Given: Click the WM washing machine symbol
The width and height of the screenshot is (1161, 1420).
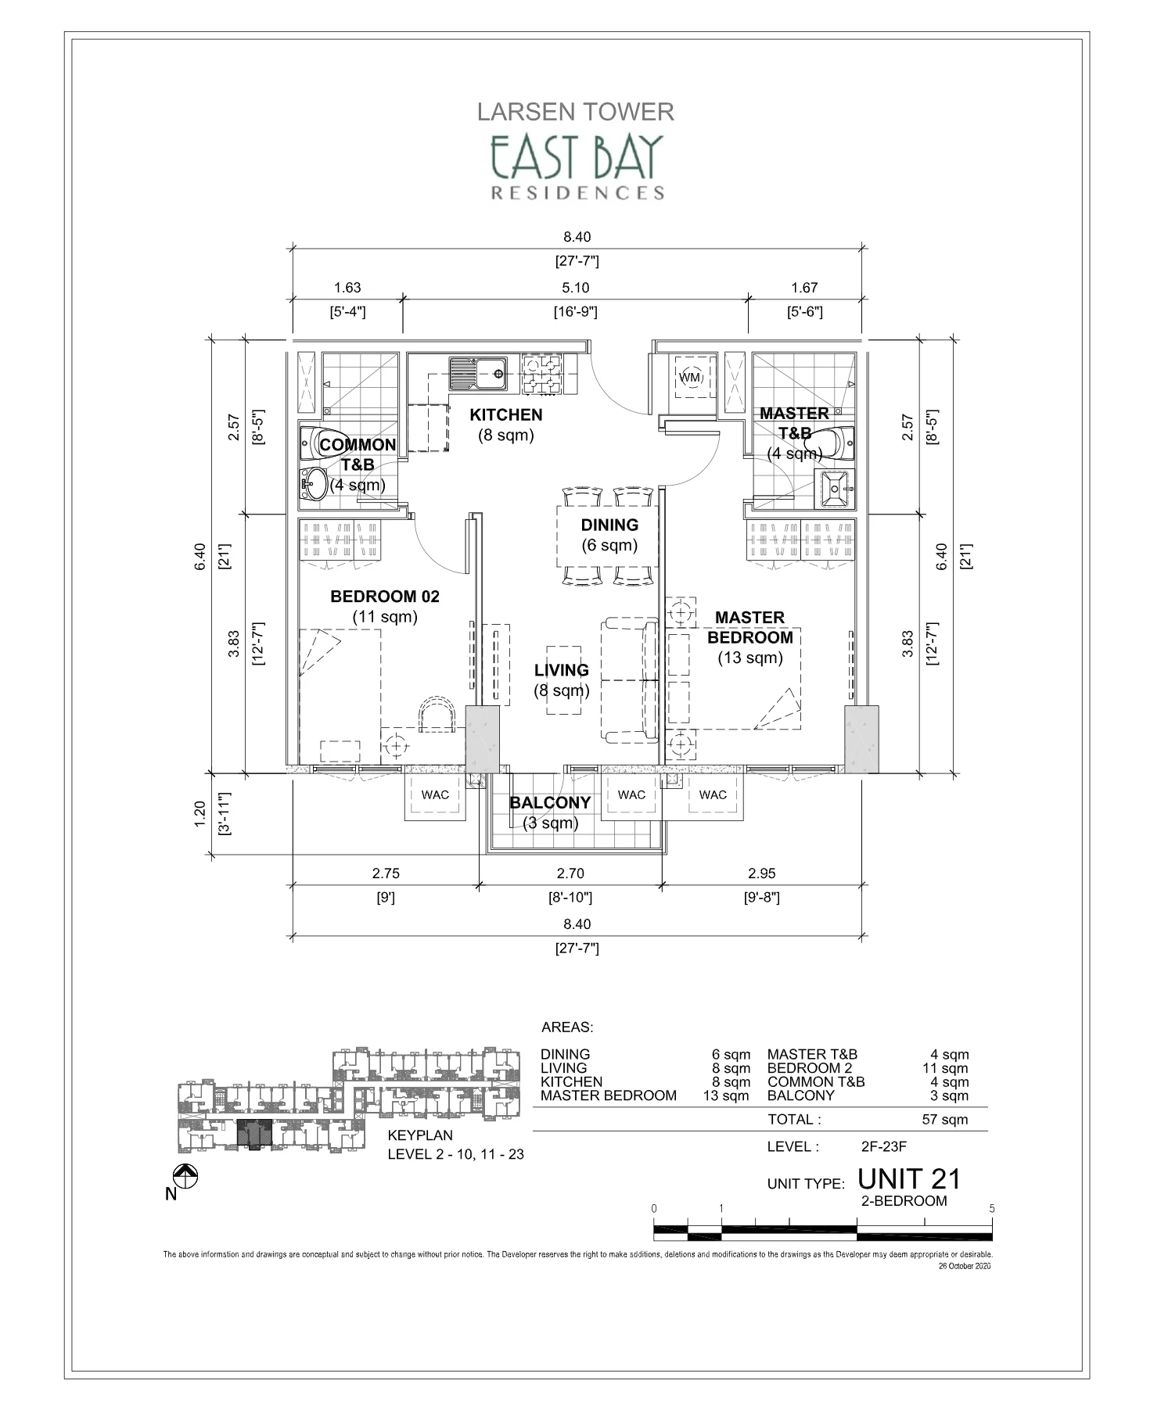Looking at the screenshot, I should tap(689, 378).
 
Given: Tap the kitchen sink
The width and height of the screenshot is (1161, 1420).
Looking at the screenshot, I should tap(476, 374).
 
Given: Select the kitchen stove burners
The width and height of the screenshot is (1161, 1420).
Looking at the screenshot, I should tap(541, 374).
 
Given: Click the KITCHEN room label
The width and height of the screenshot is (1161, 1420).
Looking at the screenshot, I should tap(506, 415).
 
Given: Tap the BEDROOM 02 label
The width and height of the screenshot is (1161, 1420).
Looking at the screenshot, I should tap(385, 597).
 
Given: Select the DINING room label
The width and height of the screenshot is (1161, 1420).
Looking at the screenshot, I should tap(609, 525).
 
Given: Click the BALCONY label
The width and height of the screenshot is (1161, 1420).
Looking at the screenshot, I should tap(550, 803).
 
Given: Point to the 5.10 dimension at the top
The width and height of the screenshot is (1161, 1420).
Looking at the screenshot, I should tap(576, 288).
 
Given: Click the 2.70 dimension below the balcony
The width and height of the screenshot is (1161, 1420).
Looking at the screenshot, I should tap(570, 873).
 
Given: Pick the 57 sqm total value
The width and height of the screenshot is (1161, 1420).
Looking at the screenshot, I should tap(944, 1119).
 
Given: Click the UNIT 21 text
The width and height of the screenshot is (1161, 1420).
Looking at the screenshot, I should tap(909, 1178).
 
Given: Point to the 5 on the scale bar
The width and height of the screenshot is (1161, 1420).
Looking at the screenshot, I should tap(991, 1208).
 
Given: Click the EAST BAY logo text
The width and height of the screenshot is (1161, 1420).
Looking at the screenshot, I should tap(576, 156).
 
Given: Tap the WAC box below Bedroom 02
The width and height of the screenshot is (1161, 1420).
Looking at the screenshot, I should tap(435, 795).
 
